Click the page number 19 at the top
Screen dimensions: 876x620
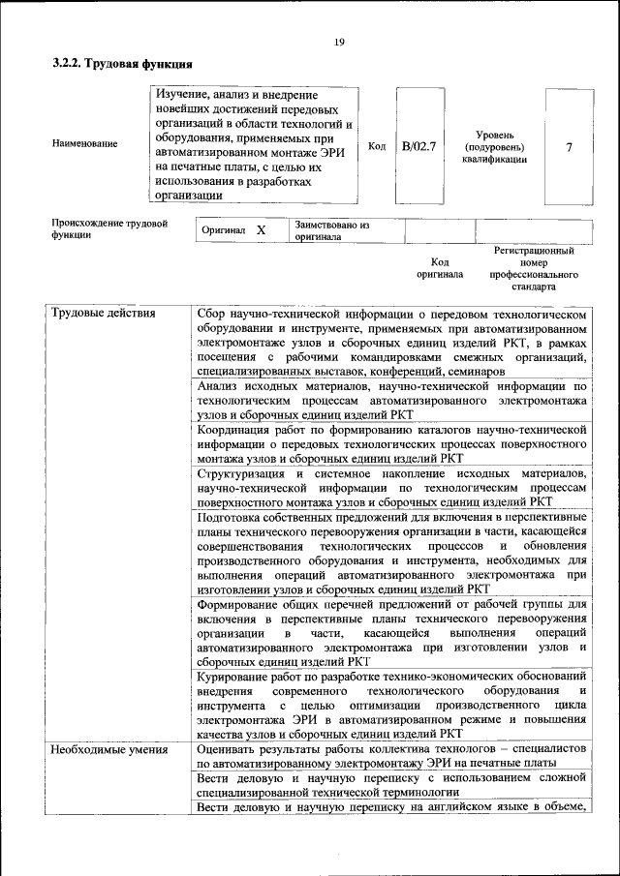tap(339, 42)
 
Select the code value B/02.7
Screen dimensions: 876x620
tap(419, 147)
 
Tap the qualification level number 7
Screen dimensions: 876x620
tap(569, 147)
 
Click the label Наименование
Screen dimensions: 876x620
tap(85, 144)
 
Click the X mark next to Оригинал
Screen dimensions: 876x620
tap(261, 231)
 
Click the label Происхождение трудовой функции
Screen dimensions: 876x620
tap(109, 229)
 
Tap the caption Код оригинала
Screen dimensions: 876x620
tap(440, 268)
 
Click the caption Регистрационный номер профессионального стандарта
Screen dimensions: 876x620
tap(534, 268)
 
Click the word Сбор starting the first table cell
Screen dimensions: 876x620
tap(211, 315)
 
